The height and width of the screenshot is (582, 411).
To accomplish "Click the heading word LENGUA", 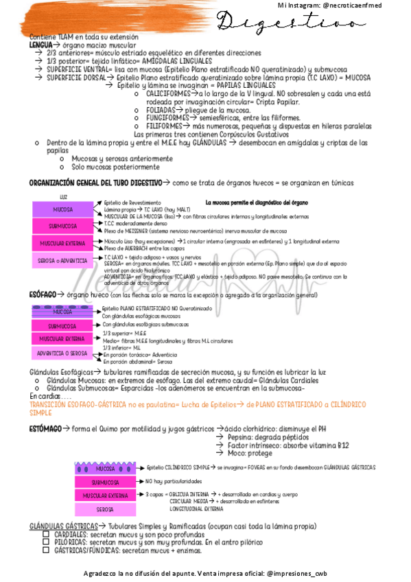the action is click(x=40, y=44).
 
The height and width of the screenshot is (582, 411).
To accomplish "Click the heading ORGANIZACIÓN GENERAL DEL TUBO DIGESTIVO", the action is click(x=93, y=183).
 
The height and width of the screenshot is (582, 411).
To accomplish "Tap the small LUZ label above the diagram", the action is click(x=63, y=198).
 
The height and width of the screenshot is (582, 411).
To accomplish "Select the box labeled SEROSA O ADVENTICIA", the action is click(x=63, y=260).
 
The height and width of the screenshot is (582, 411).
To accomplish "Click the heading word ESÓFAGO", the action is click(x=43, y=294).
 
